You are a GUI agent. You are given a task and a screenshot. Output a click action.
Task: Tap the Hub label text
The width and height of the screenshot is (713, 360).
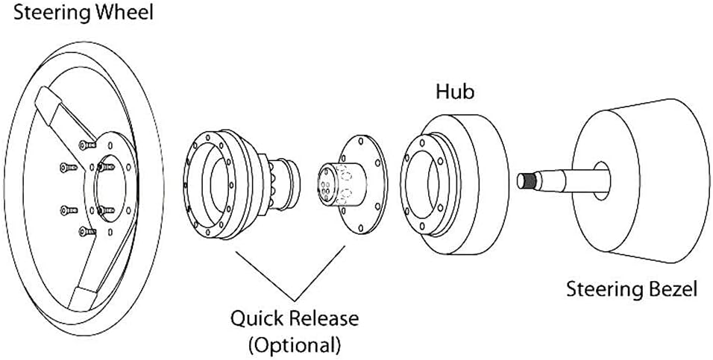455,92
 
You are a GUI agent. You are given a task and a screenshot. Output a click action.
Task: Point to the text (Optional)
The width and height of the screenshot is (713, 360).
294,345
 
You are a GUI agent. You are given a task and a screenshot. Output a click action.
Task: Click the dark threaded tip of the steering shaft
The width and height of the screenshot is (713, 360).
530,181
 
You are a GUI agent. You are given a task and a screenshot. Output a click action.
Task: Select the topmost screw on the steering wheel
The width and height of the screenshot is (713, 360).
87,145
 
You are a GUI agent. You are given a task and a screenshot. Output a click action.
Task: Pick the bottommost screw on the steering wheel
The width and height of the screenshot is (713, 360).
87,232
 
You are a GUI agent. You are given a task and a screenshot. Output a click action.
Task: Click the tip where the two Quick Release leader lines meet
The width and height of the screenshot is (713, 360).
295,300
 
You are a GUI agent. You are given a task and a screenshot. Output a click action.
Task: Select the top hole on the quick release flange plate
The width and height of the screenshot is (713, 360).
360,142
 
